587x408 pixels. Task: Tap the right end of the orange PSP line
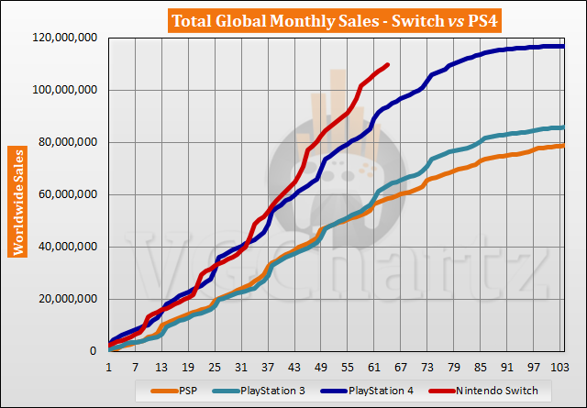pos(562,146)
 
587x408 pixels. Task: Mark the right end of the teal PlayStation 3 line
pos(562,127)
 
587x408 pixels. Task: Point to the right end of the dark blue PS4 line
pos(562,46)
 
